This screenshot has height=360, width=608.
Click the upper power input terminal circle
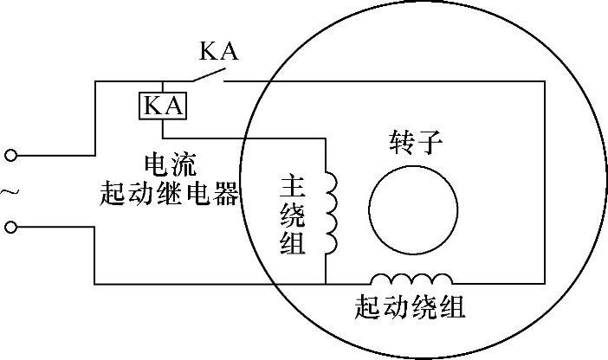tap(10, 156)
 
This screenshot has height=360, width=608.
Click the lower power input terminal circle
tap(10, 227)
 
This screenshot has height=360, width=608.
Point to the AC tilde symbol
tap(11, 191)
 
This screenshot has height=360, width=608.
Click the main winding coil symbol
tap(332, 212)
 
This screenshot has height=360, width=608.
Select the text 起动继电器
tap(169, 192)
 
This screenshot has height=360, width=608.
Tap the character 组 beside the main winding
tap(293, 243)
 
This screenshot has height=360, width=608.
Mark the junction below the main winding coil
tap(327, 283)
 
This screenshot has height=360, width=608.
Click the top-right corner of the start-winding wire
tap(545, 81)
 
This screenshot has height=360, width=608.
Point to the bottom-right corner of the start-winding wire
tap(545, 283)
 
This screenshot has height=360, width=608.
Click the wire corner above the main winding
tap(327, 136)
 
